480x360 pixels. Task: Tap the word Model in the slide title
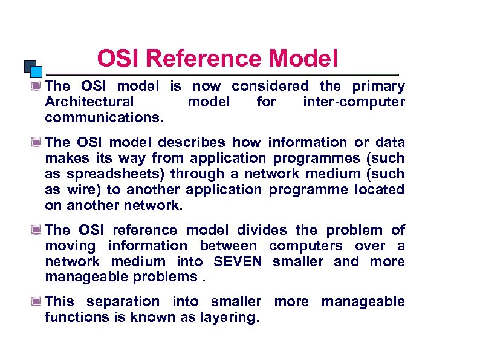[303, 59]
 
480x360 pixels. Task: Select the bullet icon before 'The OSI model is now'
[37, 87]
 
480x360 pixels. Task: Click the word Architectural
[89, 102]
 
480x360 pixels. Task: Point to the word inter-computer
[354, 102]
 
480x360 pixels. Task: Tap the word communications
[104, 117]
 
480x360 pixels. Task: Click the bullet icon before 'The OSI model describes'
[37, 143]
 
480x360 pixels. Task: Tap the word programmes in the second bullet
[318, 158]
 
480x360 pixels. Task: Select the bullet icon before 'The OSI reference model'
[37, 231]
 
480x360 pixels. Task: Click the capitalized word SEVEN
[238, 261]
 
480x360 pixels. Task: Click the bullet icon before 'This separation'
[37, 302]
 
